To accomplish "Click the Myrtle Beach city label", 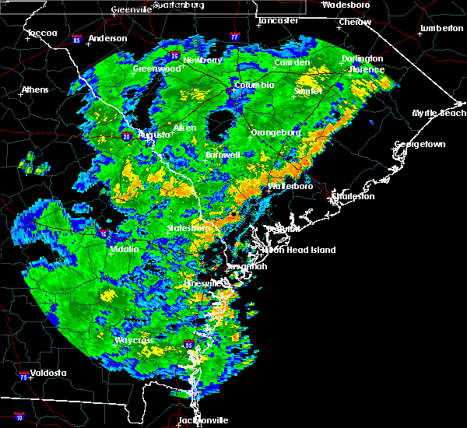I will (x=439, y=113).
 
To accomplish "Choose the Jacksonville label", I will (x=203, y=420).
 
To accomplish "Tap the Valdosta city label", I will (x=45, y=373).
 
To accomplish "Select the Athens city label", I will (x=34, y=89).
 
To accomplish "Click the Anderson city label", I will (x=107, y=38).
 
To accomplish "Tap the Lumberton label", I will (x=440, y=28).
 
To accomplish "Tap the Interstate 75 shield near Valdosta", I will (x=23, y=377).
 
